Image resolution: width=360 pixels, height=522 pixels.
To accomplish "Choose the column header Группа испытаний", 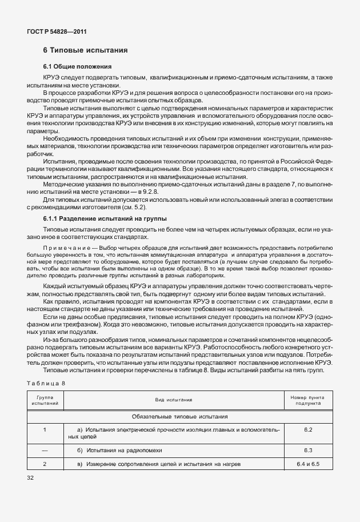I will (x=45, y=400).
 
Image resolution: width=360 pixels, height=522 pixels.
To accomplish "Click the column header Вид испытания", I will (x=173, y=400).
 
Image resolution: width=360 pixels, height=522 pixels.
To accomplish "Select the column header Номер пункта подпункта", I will (x=307, y=400).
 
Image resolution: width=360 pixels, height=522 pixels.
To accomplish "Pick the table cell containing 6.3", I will (x=307, y=451).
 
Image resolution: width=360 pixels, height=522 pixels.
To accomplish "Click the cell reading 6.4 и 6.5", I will (x=307, y=463).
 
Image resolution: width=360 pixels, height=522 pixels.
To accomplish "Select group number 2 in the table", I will (x=45, y=463).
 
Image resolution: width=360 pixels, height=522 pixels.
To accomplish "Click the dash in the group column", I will (x=45, y=451).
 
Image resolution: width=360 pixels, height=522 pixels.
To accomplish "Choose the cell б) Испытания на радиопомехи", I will (x=118, y=451).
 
